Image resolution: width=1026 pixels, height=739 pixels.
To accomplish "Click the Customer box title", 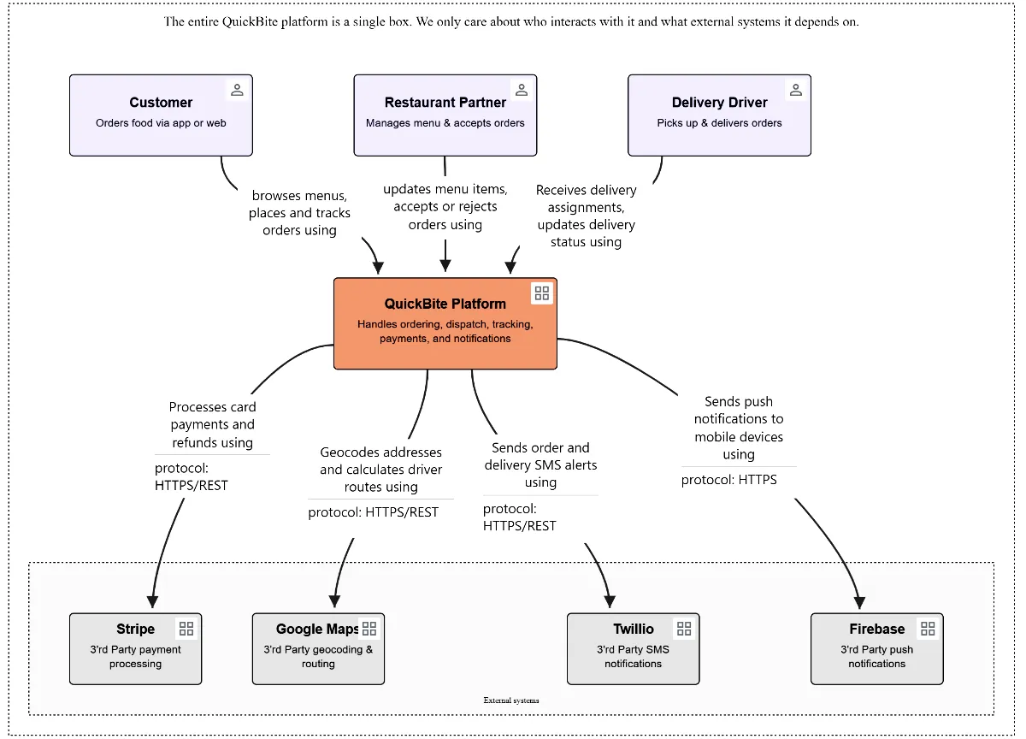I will pyautogui.click(x=161, y=103).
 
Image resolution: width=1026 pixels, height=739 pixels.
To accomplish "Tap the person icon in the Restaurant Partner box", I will pyautogui.click(x=521, y=90).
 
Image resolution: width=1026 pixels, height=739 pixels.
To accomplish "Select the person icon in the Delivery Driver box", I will pyautogui.click(x=795, y=90).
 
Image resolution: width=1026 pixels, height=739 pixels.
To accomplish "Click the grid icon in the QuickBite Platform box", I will pyautogui.click(x=541, y=293).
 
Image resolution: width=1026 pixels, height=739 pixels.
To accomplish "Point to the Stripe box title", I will pyautogui.click(x=135, y=630).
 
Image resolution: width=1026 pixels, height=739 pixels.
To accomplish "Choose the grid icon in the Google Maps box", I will pyautogui.click(x=369, y=629).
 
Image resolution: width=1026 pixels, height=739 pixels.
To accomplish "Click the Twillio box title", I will pyautogui.click(x=633, y=630).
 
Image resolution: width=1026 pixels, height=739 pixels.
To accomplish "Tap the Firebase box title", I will pyautogui.click(x=876, y=630).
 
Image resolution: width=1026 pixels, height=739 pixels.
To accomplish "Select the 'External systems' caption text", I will pyautogui.click(x=511, y=701).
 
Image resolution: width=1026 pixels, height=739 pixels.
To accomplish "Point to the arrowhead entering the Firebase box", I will pyautogui.click(x=859, y=604).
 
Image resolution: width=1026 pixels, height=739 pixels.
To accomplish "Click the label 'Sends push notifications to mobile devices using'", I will pyautogui.click(x=738, y=428).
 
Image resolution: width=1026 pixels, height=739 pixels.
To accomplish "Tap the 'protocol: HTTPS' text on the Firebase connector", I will pyautogui.click(x=729, y=480).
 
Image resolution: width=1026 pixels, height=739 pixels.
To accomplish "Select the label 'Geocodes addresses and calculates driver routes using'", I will pyautogui.click(x=380, y=470).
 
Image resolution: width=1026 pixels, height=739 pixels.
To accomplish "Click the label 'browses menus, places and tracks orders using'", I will pyautogui.click(x=299, y=213).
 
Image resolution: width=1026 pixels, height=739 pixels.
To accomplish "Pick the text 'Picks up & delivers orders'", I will pyautogui.click(x=719, y=123).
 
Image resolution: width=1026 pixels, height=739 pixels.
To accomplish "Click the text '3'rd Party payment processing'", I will pyautogui.click(x=135, y=656).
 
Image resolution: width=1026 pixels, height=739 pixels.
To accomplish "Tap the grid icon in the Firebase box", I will pyautogui.click(x=928, y=629).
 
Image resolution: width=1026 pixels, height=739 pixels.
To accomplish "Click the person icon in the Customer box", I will pyautogui.click(x=237, y=90).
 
